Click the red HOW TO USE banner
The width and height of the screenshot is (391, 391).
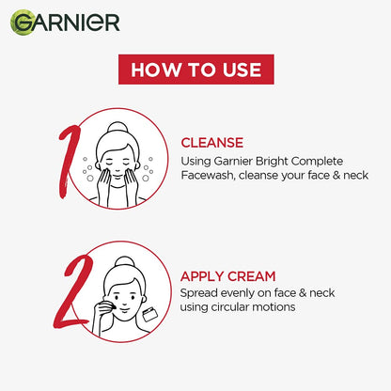pos(195,69)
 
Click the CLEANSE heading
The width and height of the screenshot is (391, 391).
pos(217,143)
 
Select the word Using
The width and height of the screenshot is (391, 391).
pos(196,160)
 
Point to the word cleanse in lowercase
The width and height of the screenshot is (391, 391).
pos(266,175)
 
